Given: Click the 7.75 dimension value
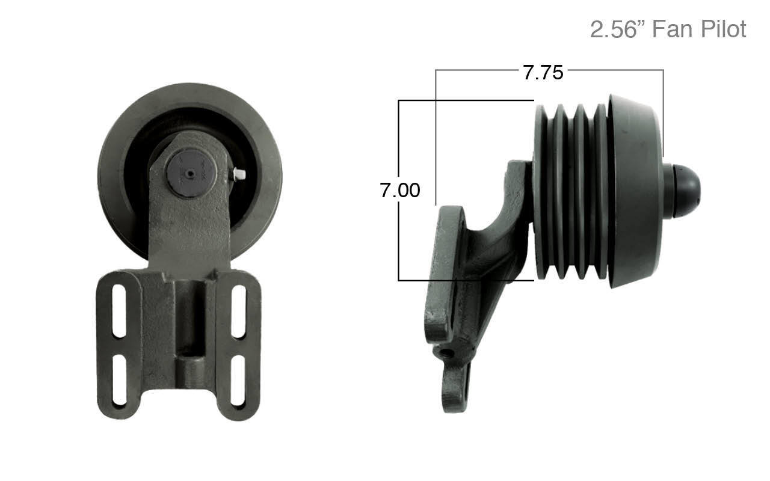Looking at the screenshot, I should (543, 72).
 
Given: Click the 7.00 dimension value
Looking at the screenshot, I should (399, 191).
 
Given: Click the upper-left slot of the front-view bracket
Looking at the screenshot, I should (119, 311).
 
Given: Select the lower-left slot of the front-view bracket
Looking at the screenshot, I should (119, 381).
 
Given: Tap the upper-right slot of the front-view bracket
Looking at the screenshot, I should (239, 311).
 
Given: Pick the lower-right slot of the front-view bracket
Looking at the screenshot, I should (238, 381).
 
